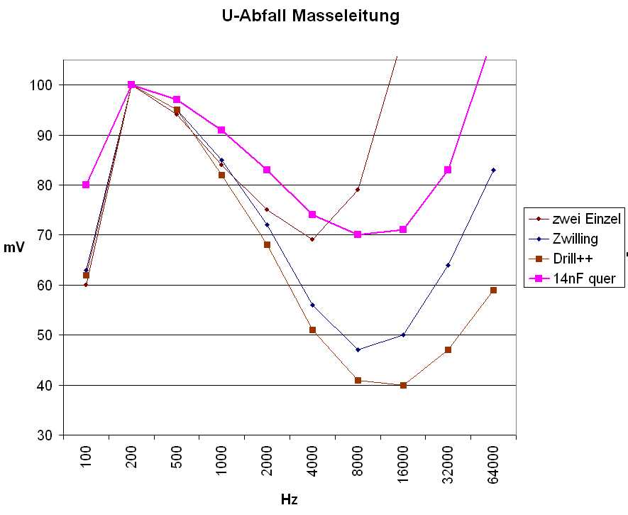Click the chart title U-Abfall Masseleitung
(311, 15)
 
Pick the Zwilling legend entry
(575, 239)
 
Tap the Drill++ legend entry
(573, 259)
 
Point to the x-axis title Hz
(289, 499)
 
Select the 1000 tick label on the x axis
(222, 463)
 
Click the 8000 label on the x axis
(358, 463)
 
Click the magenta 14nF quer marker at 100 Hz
(86, 185)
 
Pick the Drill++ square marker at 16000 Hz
(403, 385)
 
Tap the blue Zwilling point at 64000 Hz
(493, 170)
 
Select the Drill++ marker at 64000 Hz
(493, 290)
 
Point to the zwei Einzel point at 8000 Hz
(358, 190)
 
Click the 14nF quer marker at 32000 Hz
(448, 170)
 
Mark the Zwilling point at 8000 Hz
(358, 349)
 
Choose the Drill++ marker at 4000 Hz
(312, 330)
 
